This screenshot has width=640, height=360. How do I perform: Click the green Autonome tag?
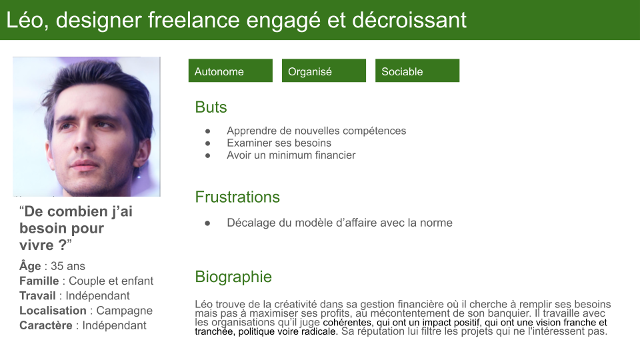click(x=230, y=71)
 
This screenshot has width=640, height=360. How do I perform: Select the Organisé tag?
click(x=324, y=71)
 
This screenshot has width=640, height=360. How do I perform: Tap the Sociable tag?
click(x=417, y=71)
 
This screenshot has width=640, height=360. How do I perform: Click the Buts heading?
click(x=211, y=107)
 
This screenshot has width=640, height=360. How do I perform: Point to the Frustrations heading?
click(x=237, y=197)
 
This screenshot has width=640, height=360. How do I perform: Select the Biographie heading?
click(x=233, y=276)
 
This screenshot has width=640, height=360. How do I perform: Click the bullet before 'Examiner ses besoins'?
click(x=208, y=143)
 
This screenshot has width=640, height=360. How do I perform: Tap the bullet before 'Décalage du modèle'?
click(x=208, y=223)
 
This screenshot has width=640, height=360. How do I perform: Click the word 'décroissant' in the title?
click(x=409, y=20)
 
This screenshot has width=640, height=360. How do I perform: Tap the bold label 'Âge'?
click(x=30, y=266)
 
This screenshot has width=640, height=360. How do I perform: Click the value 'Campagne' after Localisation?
click(x=125, y=311)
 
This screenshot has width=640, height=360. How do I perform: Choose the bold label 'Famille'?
click(x=39, y=281)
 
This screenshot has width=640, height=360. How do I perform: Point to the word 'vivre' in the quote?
click(x=37, y=245)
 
